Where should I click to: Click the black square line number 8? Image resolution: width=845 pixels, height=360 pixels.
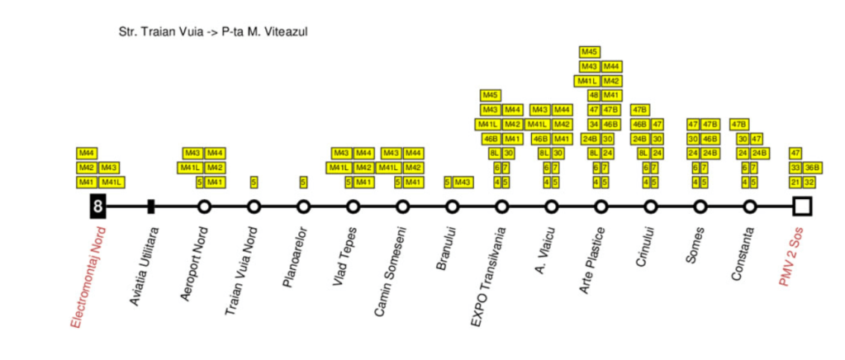[97, 206]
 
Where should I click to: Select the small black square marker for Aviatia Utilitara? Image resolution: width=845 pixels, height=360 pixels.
[151, 206]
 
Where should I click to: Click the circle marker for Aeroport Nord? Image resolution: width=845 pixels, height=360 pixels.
[204, 206]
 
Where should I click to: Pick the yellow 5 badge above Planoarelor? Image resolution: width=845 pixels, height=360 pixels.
[303, 182]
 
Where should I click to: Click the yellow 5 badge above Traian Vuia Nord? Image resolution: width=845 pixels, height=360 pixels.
[254, 182]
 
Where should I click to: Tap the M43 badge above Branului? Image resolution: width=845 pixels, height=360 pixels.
[463, 182]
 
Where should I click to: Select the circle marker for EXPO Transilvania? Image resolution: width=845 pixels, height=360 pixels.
[501, 206]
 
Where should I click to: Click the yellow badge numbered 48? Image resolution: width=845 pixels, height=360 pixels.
[593, 95]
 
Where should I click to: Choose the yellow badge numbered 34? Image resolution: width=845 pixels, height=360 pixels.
[593, 124]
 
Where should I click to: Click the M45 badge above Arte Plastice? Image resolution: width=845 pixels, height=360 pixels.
[590, 51]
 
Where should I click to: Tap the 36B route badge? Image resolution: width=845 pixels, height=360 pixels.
[811, 168]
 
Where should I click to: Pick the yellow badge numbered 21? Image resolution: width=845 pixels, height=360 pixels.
[795, 182]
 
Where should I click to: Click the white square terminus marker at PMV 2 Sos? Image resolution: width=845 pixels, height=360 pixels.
[801, 206]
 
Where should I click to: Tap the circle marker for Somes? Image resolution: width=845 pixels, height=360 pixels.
[700, 206]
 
